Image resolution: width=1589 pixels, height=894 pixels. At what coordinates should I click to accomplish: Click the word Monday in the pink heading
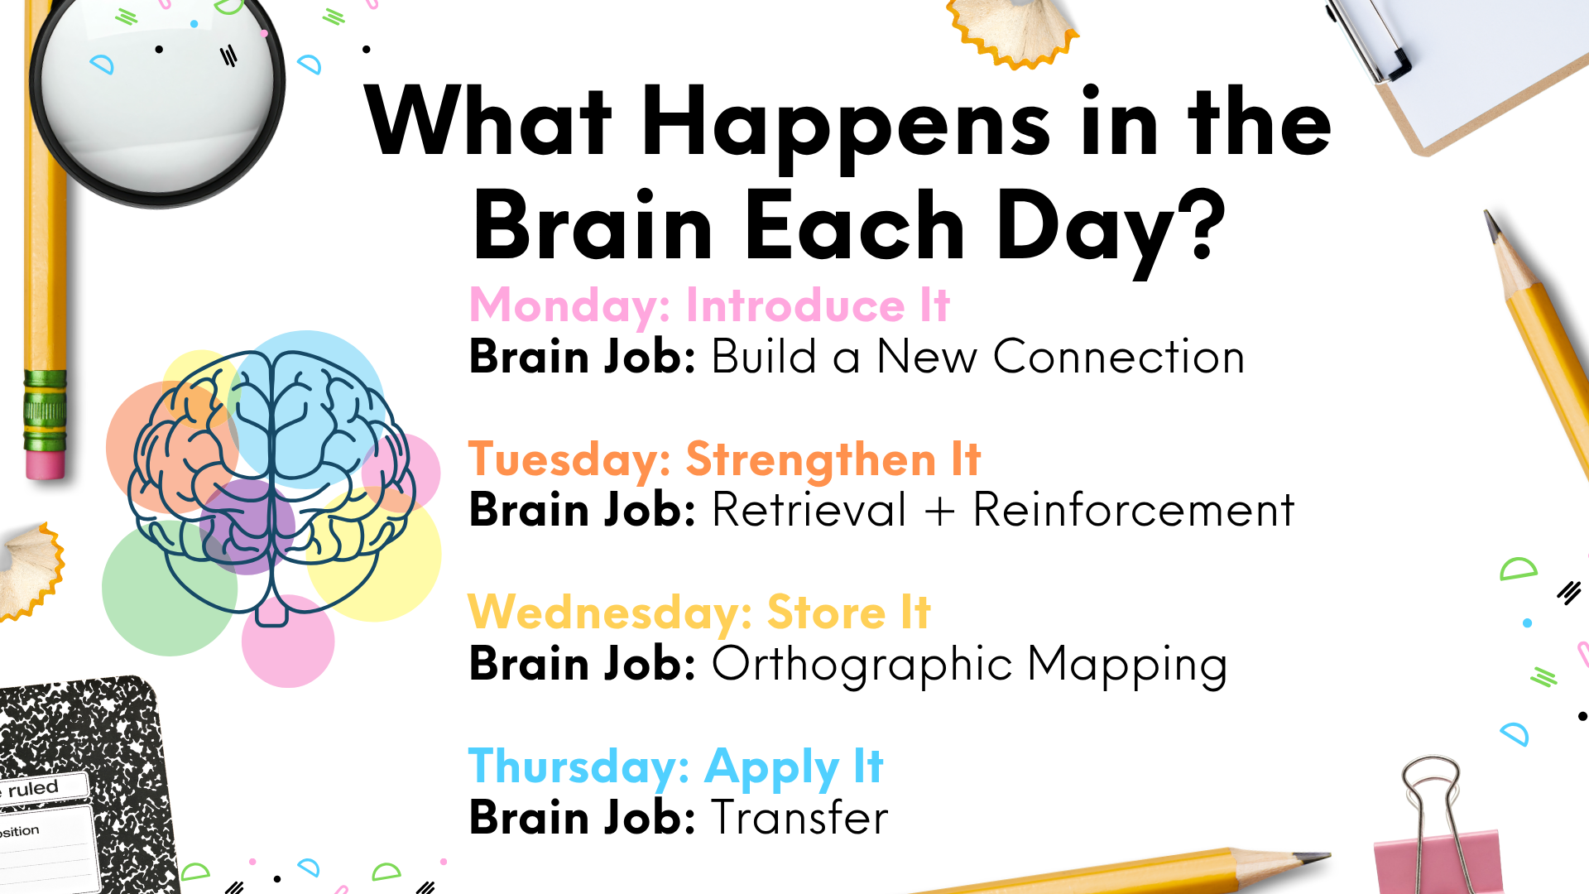pos(569,306)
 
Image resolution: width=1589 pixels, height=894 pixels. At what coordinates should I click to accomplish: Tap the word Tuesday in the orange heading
pos(569,460)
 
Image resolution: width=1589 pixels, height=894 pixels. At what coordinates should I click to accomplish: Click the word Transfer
pos(800,818)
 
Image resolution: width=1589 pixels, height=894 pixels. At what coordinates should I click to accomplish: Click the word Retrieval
pos(809,510)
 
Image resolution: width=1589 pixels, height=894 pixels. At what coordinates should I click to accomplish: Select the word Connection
pos(1119,358)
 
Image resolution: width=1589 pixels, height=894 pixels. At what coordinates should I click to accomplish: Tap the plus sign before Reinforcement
pos(939,511)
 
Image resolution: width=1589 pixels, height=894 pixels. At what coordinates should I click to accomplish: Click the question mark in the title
pos(1199,222)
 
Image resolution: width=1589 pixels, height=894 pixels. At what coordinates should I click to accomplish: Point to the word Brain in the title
pos(593,224)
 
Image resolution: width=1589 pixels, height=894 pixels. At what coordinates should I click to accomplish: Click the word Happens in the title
pos(846,126)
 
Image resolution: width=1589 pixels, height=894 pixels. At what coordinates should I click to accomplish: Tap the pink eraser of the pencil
pos(45,464)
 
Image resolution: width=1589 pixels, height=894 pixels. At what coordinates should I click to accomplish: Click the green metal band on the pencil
pos(45,411)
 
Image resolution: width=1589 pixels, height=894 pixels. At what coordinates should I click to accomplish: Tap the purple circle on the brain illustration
pos(247,526)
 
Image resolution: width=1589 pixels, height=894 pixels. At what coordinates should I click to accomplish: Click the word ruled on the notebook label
pos(33,788)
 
